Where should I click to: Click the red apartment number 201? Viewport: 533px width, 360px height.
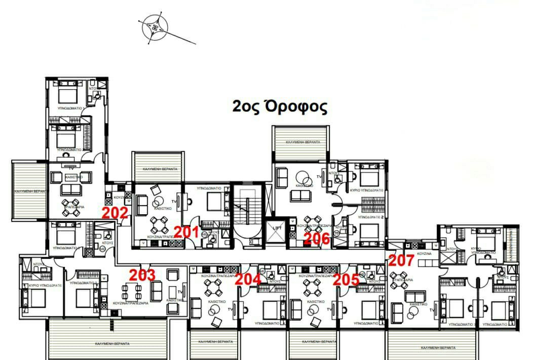point(187,232)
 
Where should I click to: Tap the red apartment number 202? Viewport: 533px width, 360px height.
point(115,213)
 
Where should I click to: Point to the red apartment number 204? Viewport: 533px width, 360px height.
point(249,278)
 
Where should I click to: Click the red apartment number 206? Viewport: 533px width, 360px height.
point(318,238)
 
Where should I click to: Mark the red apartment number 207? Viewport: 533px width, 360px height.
point(401,261)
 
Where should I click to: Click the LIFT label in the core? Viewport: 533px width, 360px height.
point(276,228)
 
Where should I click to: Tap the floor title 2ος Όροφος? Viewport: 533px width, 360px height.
point(280,107)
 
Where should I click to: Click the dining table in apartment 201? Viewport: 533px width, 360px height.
point(160,222)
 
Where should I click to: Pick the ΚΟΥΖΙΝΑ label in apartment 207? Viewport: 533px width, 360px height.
point(424,253)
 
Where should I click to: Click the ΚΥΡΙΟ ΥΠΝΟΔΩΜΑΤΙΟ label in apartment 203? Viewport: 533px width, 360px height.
point(41,286)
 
